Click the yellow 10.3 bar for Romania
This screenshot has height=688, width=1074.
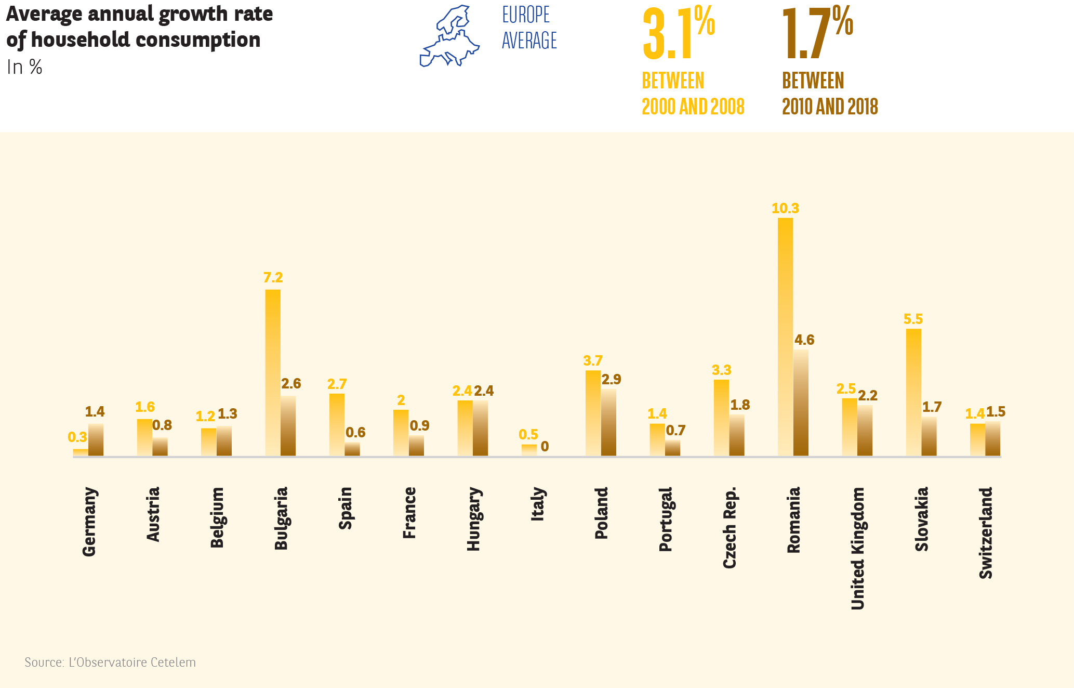click(x=785, y=337)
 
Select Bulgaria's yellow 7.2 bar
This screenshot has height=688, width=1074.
click(x=273, y=372)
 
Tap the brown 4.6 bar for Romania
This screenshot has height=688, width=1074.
click(x=801, y=403)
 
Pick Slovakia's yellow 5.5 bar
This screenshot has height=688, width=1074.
click(x=913, y=392)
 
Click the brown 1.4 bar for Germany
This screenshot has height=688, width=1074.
click(x=96, y=440)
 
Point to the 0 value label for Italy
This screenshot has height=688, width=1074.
click(x=545, y=447)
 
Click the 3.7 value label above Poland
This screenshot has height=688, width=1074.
click(x=593, y=361)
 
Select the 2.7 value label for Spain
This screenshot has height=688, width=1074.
click(x=337, y=384)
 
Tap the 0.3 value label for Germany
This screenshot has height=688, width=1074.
click(x=77, y=437)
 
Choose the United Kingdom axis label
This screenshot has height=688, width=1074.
click(x=857, y=548)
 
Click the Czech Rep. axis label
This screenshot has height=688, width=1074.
click(x=730, y=527)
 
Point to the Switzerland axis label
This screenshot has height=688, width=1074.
click(x=986, y=533)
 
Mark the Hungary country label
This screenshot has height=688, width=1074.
click(x=473, y=518)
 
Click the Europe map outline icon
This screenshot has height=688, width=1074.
click(x=449, y=36)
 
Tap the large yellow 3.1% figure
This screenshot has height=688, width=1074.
click(x=678, y=34)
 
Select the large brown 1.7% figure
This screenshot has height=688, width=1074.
click(x=817, y=34)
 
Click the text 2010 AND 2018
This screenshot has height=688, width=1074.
click(x=830, y=107)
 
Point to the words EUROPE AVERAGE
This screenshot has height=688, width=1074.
click(x=529, y=28)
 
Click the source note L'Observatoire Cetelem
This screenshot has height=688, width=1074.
click(x=110, y=663)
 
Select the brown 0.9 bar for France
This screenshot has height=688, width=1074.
click(x=416, y=446)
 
